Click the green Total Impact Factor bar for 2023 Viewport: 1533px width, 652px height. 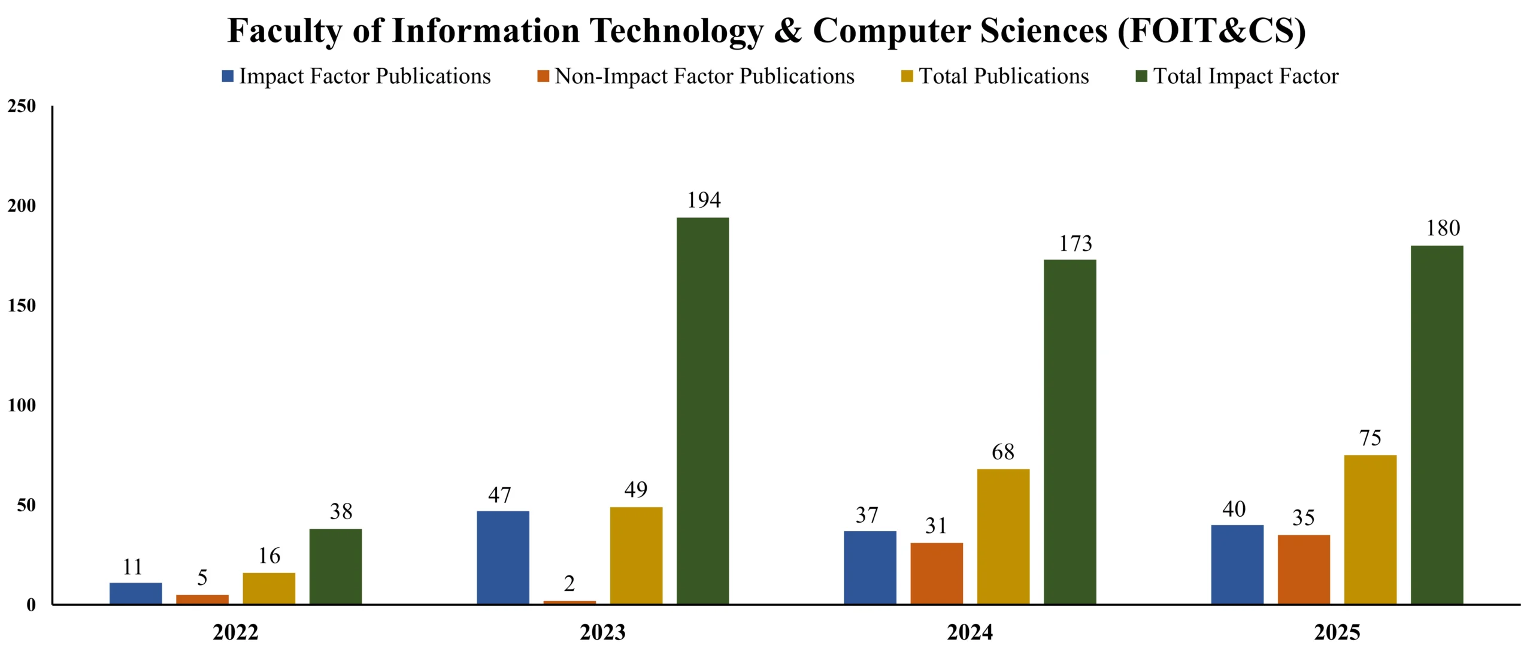[702, 411]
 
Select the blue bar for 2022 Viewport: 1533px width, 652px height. [135, 593]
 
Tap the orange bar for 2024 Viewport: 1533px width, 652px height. [937, 574]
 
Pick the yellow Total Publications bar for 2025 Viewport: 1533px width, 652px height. [1370, 529]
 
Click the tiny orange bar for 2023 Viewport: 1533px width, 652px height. [569, 602]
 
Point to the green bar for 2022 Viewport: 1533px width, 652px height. [335, 566]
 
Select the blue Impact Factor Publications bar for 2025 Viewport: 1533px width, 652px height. [1237, 565]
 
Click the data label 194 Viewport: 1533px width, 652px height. [704, 200]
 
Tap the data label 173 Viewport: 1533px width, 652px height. [1075, 244]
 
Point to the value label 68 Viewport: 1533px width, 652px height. [1003, 452]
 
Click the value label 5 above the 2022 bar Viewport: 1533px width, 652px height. [202, 578]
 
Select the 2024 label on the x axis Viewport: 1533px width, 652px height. [970, 632]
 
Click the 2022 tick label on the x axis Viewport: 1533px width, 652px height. [235, 632]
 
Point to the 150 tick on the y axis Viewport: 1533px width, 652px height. [22, 306]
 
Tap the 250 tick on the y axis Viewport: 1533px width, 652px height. [22, 107]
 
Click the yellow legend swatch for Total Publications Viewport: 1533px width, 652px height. [907, 77]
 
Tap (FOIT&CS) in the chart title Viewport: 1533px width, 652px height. [1211, 31]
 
